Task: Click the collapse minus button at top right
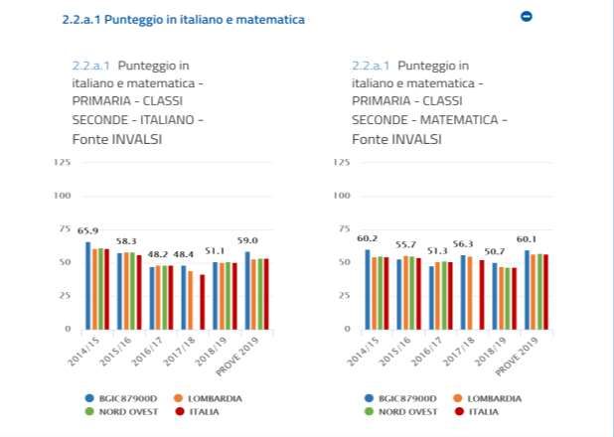(527, 17)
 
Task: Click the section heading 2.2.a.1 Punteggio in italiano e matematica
(183, 19)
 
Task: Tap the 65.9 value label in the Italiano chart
(87, 231)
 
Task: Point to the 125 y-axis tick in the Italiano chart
(62, 162)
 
